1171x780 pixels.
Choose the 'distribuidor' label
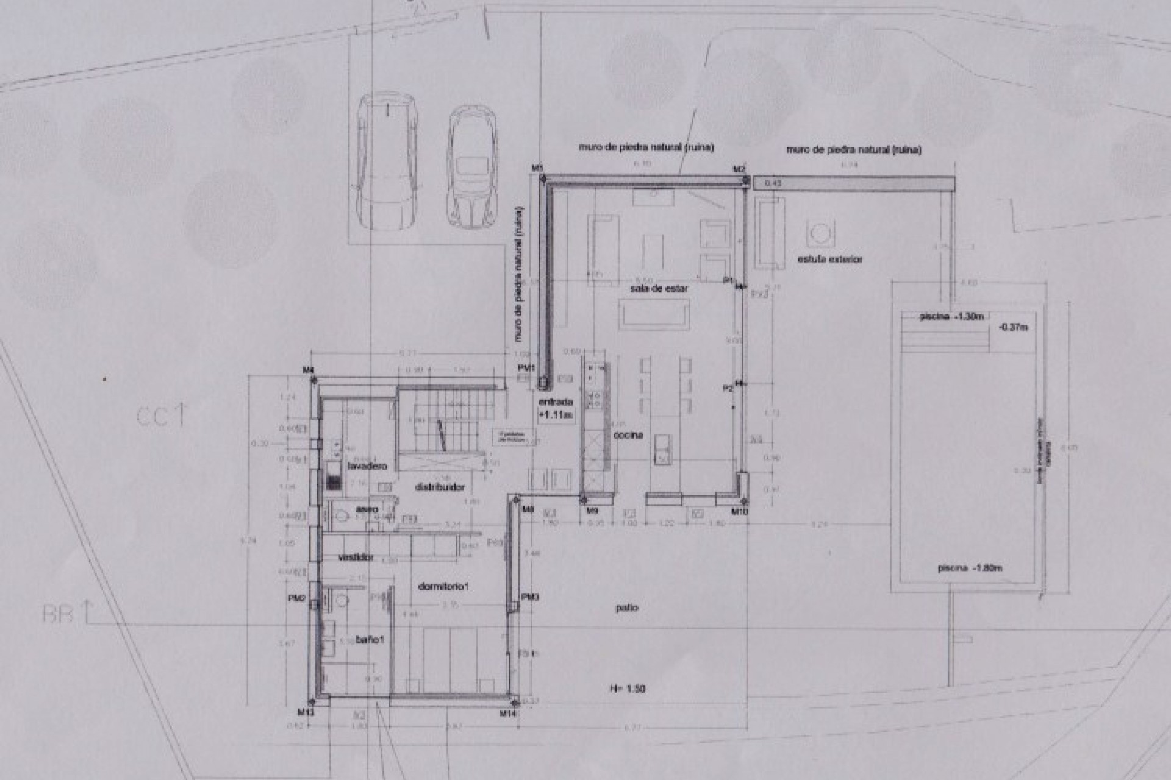pyautogui.click(x=440, y=487)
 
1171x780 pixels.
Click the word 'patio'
pyautogui.click(x=626, y=608)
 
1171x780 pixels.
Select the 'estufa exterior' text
pyautogui.click(x=830, y=259)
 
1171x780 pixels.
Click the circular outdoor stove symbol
pyautogui.click(x=818, y=232)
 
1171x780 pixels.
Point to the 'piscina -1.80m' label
pyautogui.click(x=970, y=568)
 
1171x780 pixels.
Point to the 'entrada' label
pyautogui.click(x=555, y=403)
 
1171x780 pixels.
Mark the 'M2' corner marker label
pyautogui.click(x=739, y=169)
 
